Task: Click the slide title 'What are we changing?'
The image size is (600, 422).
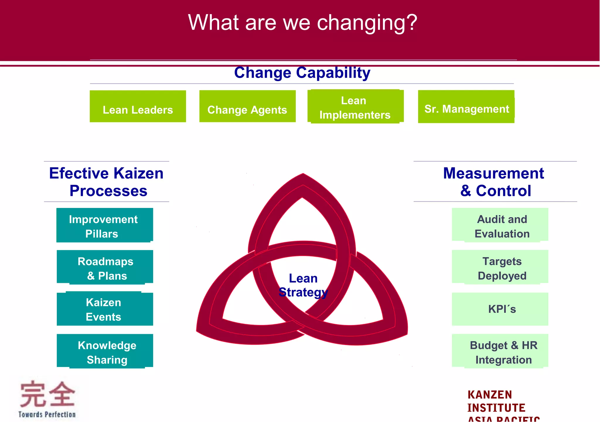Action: (x=302, y=23)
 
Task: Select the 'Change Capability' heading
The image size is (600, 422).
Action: (x=302, y=73)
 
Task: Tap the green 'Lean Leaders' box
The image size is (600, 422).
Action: (x=138, y=107)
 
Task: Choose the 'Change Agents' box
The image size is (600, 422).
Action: (x=247, y=107)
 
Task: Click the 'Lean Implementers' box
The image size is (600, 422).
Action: (x=355, y=107)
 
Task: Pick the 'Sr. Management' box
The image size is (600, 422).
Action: (x=466, y=107)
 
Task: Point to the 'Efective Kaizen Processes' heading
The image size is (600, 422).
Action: (x=107, y=182)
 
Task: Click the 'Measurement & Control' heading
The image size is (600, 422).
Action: (x=494, y=182)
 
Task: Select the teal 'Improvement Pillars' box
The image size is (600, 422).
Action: (x=105, y=225)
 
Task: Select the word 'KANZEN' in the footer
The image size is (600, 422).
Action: (x=490, y=395)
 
